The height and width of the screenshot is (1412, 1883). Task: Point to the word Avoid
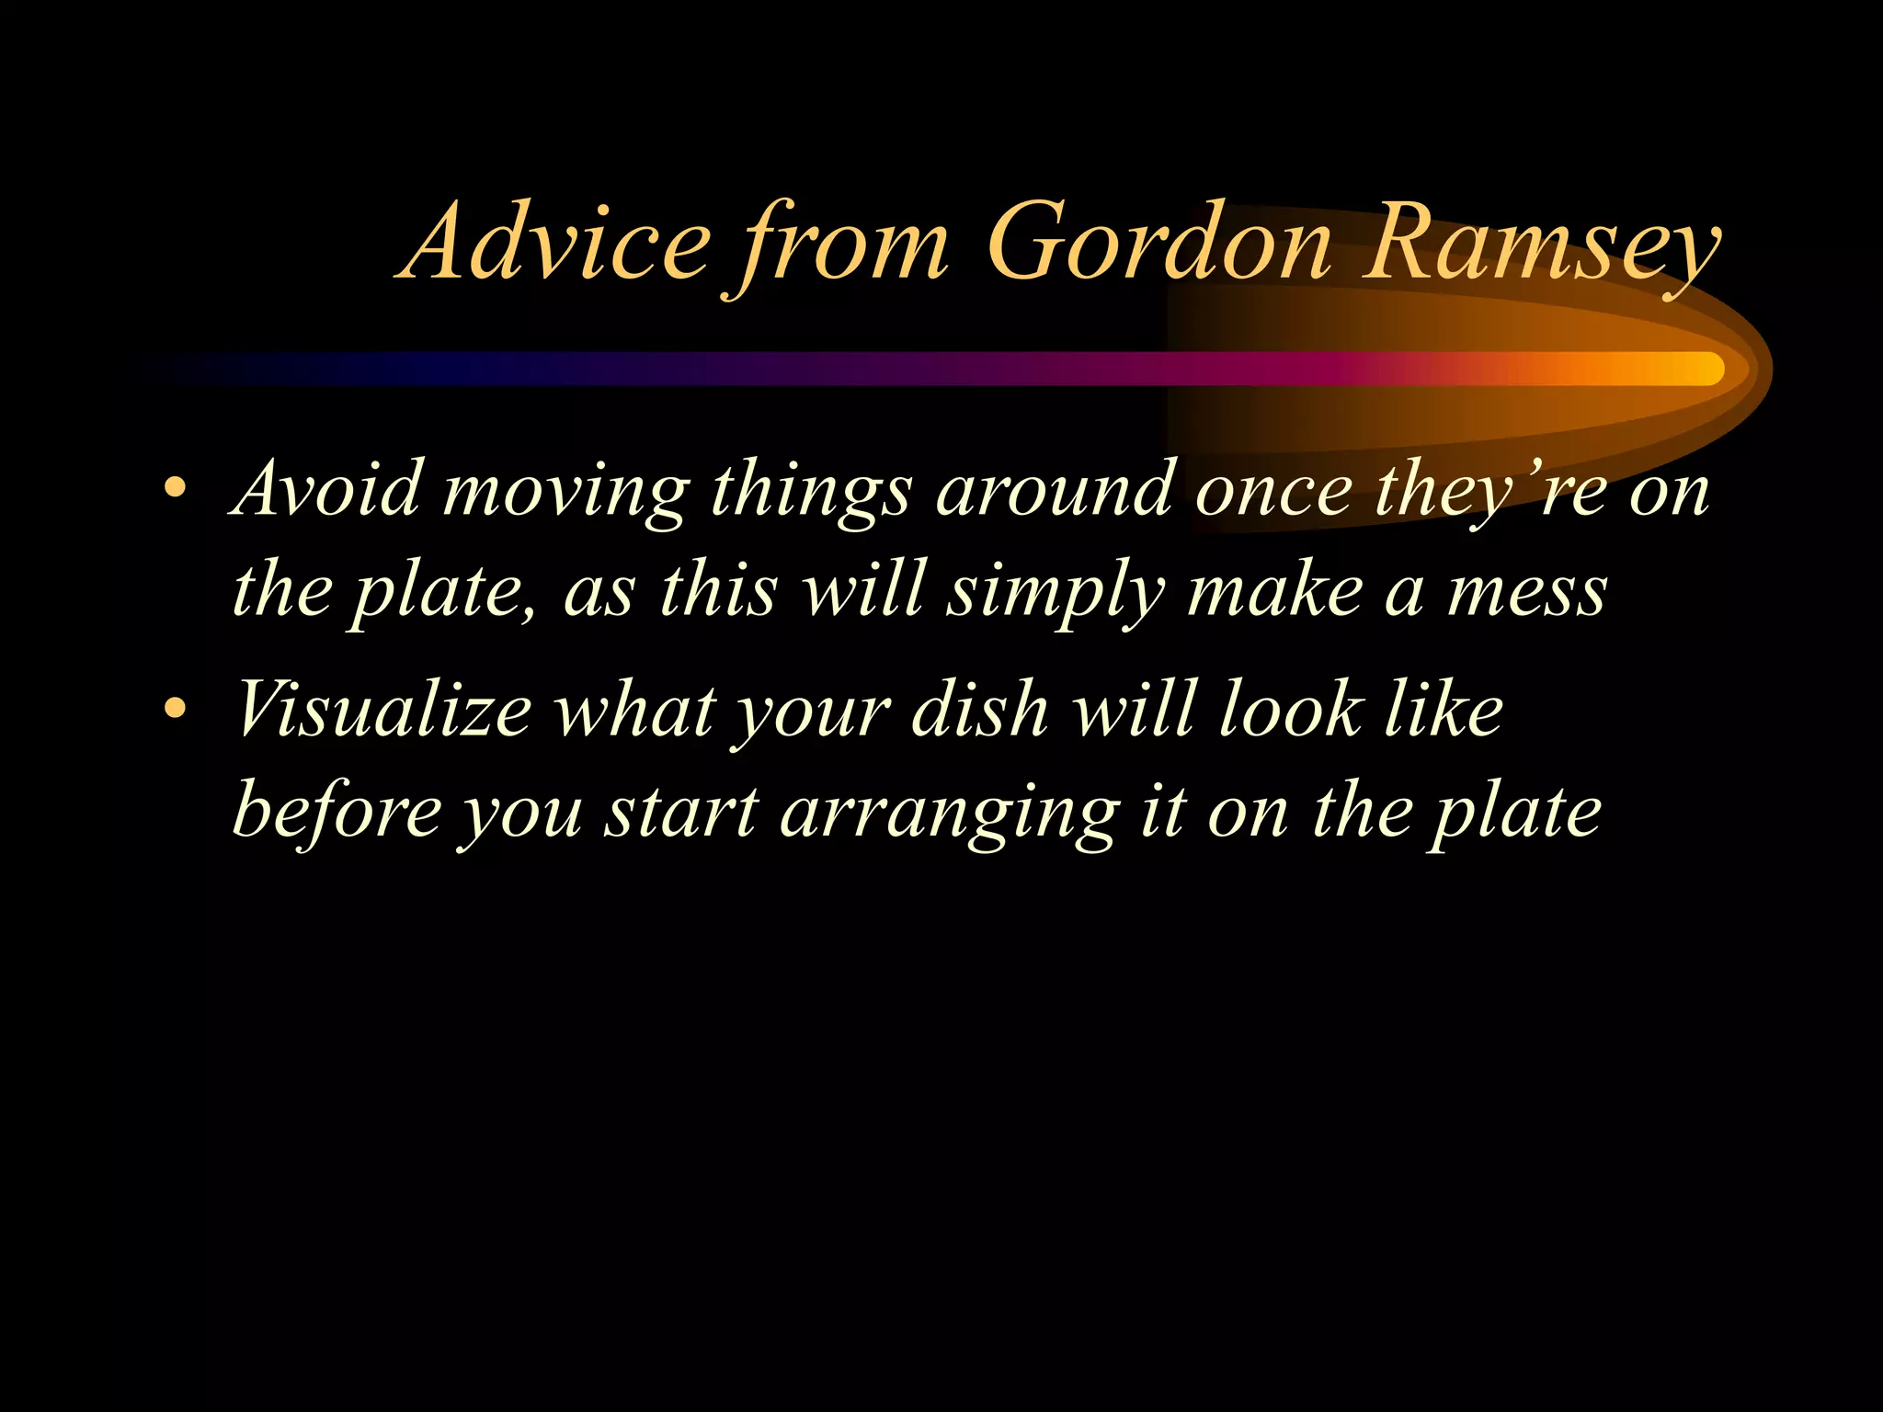click(x=327, y=488)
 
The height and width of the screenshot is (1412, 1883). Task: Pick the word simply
click(x=1057, y=593)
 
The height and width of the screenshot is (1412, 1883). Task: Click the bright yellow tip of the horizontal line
click(x=1701, y=369)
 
